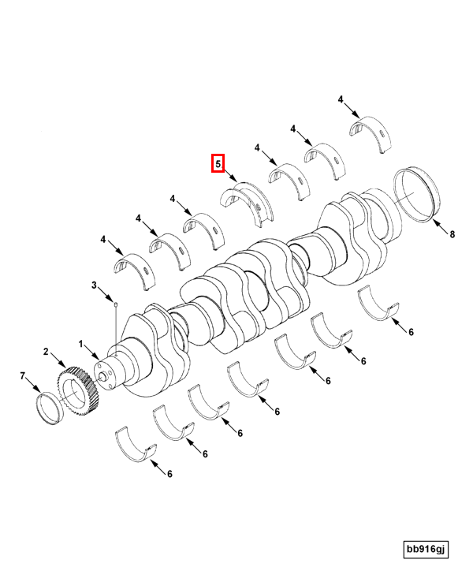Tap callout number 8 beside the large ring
(x=453, y=234)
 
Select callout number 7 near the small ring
(x=23, y=378)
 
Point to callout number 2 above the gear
(x=46, y=352)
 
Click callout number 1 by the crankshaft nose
(x=80, y=344)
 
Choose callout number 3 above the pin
(x=94, y=285)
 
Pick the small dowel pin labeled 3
(x=115, y=301)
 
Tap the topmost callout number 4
(x=341, y=99)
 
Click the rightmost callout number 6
(x=411, y=332)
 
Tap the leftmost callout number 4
(x=102, y=238)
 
